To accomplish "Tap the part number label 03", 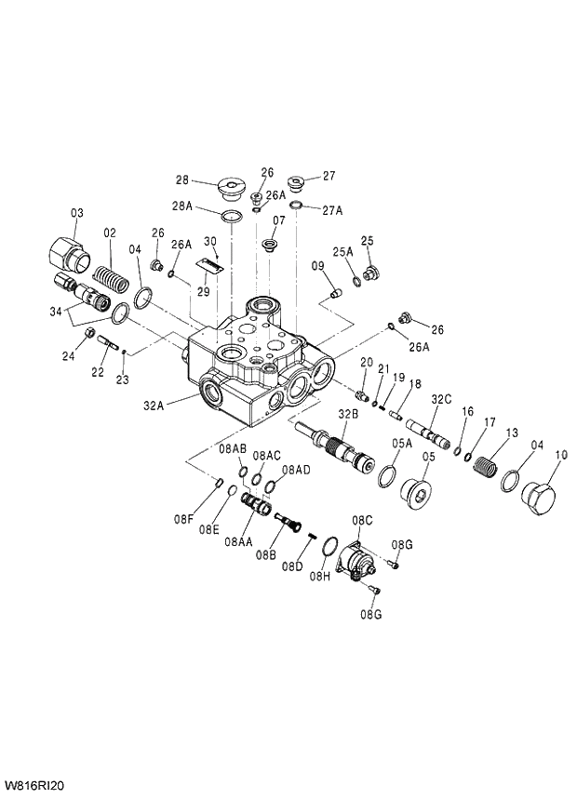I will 77,213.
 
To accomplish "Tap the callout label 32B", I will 348,413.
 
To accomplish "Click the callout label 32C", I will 441,399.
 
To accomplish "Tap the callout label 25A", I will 342,251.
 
